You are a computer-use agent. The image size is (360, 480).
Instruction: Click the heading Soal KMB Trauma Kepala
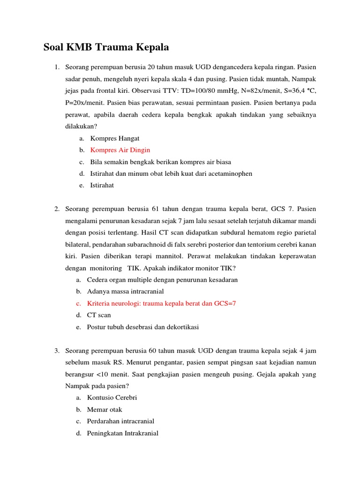pos(106,47)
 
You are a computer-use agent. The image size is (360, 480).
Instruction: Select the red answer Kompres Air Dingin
pos(120,150)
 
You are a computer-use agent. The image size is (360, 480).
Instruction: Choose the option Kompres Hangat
pos(114,138)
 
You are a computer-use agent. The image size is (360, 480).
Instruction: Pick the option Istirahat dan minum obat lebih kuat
pos(171,173)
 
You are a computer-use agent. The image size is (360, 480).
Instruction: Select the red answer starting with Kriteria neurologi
pos(161,303)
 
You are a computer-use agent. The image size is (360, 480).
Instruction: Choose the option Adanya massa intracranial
pos(125,292)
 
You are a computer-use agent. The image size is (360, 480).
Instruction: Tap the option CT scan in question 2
pos(99,315)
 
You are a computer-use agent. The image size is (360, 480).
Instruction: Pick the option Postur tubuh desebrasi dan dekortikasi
pos(142,327)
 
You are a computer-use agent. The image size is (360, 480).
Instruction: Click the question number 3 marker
pos(56,351)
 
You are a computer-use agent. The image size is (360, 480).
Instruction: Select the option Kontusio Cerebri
pos(112,397)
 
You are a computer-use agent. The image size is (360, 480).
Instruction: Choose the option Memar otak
pos(105,409)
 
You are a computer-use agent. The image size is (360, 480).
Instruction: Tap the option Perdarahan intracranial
pos(120,421)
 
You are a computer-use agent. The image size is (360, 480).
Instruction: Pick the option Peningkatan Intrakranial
pos(122,433)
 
